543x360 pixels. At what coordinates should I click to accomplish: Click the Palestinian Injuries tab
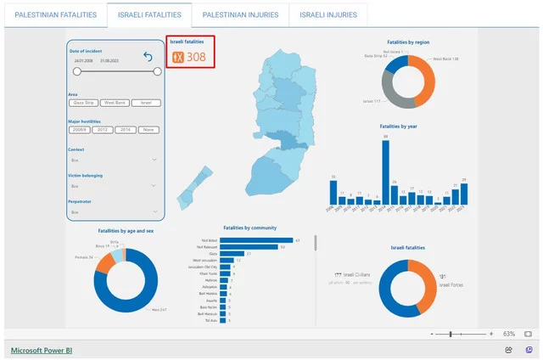[240, 15]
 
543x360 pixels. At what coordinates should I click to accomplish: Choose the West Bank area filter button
[115, 103]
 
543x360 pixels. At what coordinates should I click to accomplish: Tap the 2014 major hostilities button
[126, 130]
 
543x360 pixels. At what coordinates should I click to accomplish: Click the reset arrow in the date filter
[148, 57]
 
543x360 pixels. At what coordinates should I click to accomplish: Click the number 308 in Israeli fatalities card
[196, 57]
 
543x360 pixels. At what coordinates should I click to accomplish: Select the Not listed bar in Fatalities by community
[250, 240]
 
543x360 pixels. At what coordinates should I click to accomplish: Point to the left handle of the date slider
[76, 72]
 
